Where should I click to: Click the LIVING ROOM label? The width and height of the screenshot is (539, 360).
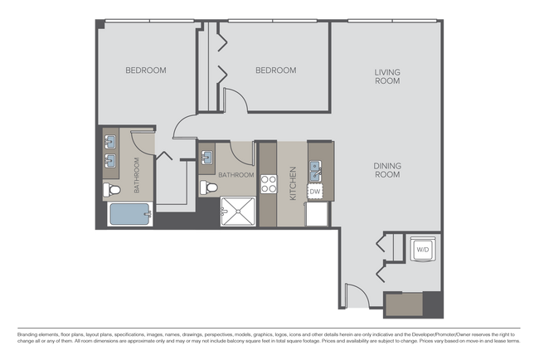(x=386, y=76)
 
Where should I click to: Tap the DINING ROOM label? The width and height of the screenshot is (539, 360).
(x=386, y=170)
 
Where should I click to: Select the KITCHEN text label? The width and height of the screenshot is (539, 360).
(x=292, y=184)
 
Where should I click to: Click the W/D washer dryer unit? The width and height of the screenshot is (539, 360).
(x=422, y=249)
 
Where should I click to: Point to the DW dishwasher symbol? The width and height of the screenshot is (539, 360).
(x=315, y=192)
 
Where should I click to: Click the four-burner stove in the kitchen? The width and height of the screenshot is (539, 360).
(x=269, y=183)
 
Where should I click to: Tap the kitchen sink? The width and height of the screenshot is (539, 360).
(x=315, y=172)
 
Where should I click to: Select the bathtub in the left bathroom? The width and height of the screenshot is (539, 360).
(x=129, y=215)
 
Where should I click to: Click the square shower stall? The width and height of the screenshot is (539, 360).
(x=238, y=212)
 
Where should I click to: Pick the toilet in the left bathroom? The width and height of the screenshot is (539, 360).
(x=112, y=191)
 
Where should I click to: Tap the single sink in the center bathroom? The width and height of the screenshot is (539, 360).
(x=207, y=157)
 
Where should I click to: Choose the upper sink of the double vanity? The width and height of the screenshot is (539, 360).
(x=110, y=142)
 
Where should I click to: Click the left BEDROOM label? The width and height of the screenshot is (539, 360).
(x=146, y=71)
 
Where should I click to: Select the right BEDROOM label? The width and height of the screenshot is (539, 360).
(x=275, y=71)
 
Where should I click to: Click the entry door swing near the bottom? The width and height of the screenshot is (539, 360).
(x=355, y=297)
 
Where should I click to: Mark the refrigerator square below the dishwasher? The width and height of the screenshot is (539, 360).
(x=317, y=213)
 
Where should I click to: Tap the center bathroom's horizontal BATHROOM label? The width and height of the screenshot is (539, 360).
(x=236, y=175)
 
